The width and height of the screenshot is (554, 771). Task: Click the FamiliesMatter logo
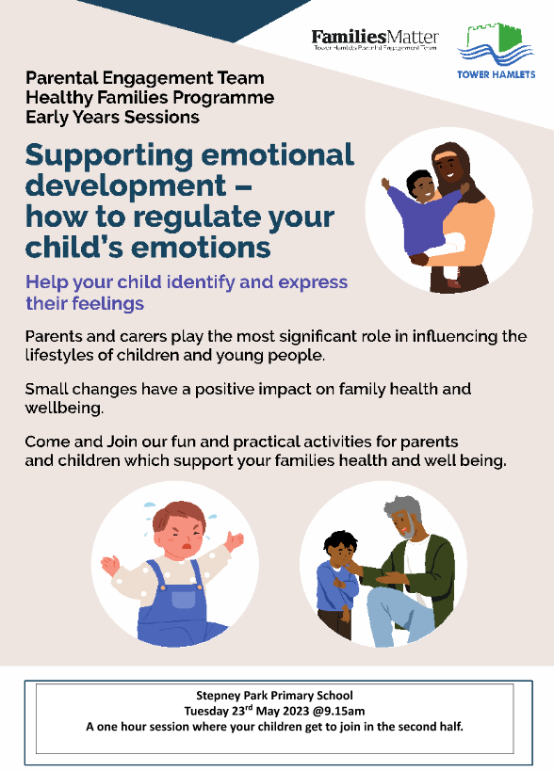[375, 40]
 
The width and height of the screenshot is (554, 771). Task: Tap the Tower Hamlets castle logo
[496, 50]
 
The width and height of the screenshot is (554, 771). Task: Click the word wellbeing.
[64, 409]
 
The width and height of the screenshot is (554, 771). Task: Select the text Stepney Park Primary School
[274, 696]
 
